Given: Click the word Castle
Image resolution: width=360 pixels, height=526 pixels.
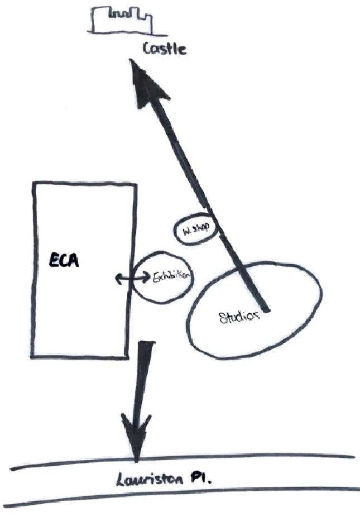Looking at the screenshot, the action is coord(165,49).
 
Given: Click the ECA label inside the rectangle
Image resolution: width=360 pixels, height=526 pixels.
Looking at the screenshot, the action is coord(64,260).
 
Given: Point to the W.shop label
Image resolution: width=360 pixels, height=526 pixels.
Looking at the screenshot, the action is coord(196,229).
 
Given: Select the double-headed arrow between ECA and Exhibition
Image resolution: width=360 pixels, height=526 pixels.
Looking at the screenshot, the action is coord(133,278).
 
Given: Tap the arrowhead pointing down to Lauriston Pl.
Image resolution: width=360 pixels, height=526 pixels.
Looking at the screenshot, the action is coord(136,436).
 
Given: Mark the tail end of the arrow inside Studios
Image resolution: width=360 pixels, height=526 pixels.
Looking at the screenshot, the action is coord(267,309).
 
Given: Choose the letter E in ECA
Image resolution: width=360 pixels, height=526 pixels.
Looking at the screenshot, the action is coord(54,260).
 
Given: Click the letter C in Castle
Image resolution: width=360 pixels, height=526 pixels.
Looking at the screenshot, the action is coord(147,49).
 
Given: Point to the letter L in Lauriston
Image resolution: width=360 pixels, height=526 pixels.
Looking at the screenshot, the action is coord(120,480).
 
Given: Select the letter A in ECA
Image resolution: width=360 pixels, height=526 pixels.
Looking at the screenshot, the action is coord(74,261).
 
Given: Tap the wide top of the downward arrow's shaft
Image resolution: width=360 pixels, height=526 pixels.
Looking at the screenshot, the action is coord(147,343).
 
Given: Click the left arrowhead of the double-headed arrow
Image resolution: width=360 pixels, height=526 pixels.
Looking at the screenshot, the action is coord(119,279).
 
